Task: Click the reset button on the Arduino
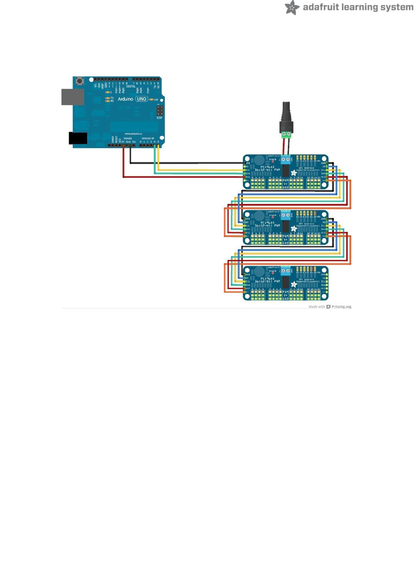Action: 80,81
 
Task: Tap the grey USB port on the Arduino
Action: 73,97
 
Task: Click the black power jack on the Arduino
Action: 78,138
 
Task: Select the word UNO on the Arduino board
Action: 142,99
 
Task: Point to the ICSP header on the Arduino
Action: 159,111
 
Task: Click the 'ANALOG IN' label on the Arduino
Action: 148,138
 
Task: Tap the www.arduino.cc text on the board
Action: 133,134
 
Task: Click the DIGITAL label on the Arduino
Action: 131,87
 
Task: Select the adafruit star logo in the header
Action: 292,7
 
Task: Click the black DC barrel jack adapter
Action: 287,116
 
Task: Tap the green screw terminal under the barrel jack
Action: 287,135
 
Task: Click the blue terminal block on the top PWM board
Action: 286,159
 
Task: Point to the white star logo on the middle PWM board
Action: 294,229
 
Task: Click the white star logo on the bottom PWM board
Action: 294,284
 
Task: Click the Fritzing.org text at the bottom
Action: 341,307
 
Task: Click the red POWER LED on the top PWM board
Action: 273,162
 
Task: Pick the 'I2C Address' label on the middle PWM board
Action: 306,223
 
